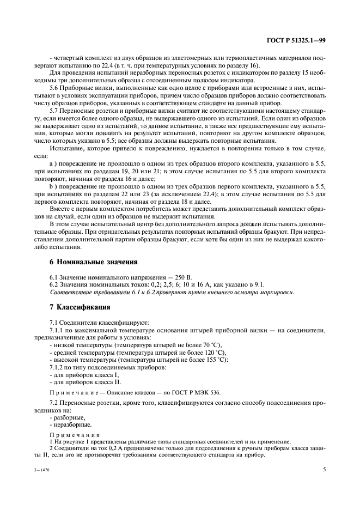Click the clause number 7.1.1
(x=58, y=331)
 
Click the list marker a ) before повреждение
(x=53, y=163)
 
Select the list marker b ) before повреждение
(x=53, y=186)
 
